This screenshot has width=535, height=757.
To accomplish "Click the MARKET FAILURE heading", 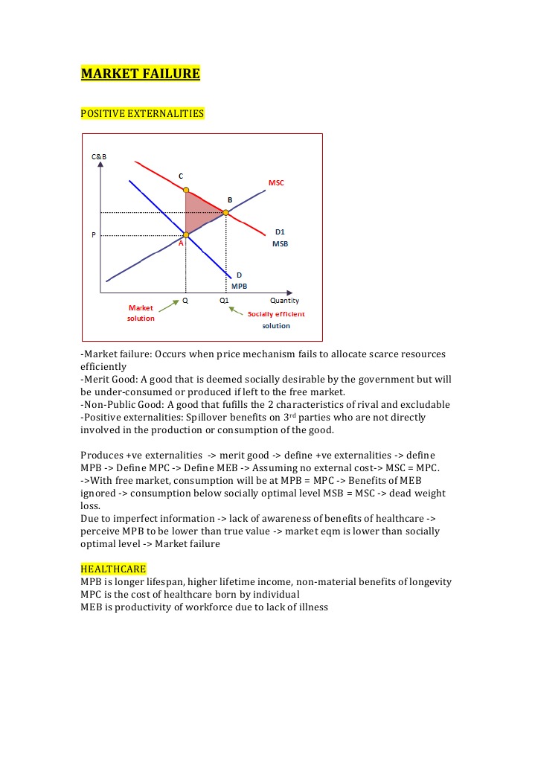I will click(x=140, y=74).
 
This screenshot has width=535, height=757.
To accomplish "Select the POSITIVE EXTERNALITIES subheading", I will click(x=142, y=113).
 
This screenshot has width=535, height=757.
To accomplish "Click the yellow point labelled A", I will click(x=186, y=235).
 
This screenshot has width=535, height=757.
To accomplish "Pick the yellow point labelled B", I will click(x=225, y=213).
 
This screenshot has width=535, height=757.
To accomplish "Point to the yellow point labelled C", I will click(x=186, y=190).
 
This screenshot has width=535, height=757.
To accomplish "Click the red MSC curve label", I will click(x=276, y=182).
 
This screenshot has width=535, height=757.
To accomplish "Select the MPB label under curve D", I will click(x=239, y=286).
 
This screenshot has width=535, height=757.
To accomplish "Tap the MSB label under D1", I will click(x=280, y=243).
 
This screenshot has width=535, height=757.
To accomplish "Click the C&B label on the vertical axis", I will click(x=99, y=156).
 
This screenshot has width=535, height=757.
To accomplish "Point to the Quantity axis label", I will click(x=284, y=301).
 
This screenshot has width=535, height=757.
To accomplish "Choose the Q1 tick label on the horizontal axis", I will click(x=224, y=301).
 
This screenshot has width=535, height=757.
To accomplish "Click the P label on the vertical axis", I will click(x=94, y=235).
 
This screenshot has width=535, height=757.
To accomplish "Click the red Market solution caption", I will click(x=141, y=313).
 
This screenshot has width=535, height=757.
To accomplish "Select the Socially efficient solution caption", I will click(x=276, y=319).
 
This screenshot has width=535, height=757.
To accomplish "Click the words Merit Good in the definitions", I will click(x=109, y=379).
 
